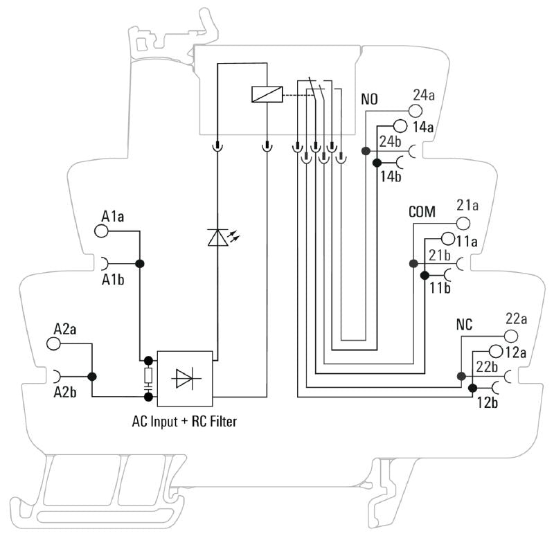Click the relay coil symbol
tap(267, 94)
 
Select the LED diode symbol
tap(217, 237)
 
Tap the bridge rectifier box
tap(185, 378)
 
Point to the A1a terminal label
tap(112, 217)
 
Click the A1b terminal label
tap(113, 280)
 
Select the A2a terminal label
tap(65, 328)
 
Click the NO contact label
tap(369, 100)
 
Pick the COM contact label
tap(422, 212)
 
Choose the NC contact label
tap(464, 324)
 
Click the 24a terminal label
tap(423, 95)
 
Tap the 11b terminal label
tap(439, 288)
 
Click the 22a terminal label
tap(516, 319)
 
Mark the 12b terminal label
tap(488, 402)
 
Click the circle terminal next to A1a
tap(102, 231)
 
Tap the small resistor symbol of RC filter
tap(148, 377)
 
